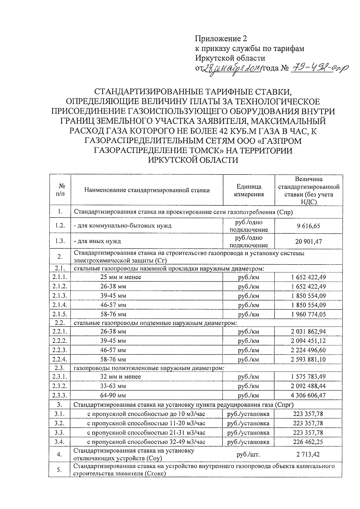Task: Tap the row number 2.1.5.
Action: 60,314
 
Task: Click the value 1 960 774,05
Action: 308,314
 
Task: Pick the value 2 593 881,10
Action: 308,359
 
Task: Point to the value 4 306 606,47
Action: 308,395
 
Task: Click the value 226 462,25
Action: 308,442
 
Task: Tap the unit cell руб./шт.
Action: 248,454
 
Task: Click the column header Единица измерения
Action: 249,190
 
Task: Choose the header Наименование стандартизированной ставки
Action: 147,190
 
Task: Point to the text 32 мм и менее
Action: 121,376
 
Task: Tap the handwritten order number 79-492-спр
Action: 318,68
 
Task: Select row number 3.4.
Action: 60,442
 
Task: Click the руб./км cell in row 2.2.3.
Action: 248,350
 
